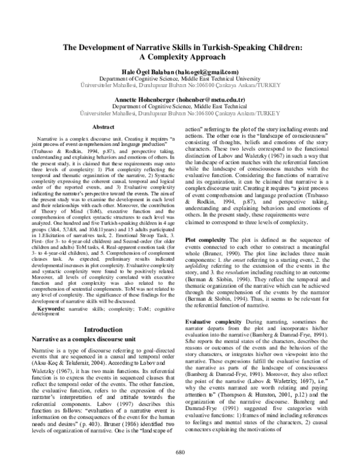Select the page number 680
179,452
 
